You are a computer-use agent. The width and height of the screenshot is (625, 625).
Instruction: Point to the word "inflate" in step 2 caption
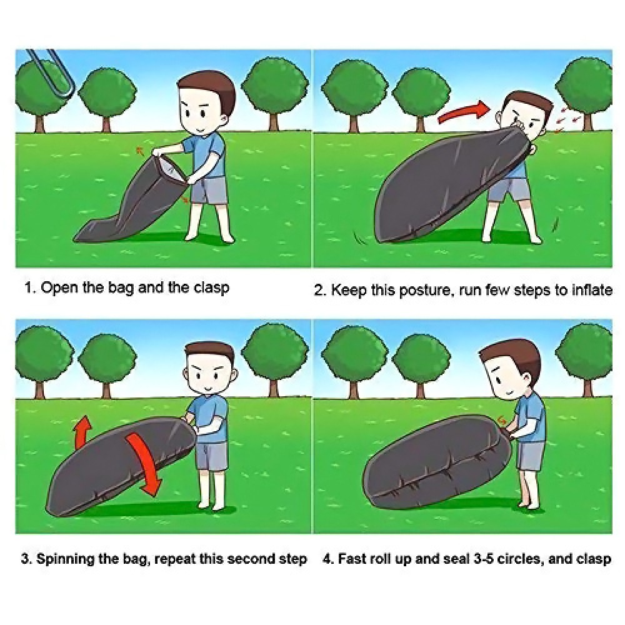(x=592, y=289)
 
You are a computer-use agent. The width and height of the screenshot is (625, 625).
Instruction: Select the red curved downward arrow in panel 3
(x=146, y=464)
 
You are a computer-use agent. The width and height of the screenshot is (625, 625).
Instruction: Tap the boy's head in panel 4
(x=511, y=369)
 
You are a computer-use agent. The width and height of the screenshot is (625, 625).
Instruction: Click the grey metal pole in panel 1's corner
(x=52, y=74)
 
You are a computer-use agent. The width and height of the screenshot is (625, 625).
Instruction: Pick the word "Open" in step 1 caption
(x=59, y=287)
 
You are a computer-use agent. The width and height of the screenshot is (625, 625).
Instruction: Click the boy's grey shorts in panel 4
(x=530, y=456)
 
